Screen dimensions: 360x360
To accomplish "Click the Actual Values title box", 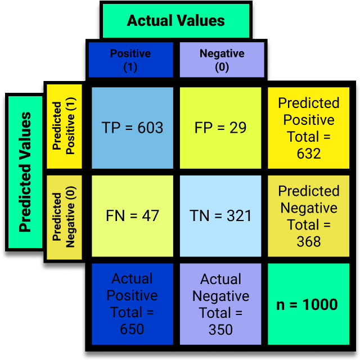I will tap(175, 21).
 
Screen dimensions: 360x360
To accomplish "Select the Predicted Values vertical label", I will tap(25, 172).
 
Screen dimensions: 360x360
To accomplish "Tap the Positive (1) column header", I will tap(130, 60).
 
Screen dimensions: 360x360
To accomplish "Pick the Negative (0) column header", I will tap(222, 60).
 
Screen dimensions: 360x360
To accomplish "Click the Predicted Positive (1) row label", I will tap(64, 127).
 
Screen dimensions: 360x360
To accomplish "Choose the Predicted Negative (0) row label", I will tap(64, 217).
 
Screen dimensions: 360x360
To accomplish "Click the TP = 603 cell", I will tap(133, 128).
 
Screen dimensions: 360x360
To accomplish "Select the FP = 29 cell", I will tap(220, 128).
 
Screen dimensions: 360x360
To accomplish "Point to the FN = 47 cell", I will tap(133, 215).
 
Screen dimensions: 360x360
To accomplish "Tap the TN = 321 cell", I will tap(220, 215).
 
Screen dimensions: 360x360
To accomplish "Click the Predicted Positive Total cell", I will tap(309, 128).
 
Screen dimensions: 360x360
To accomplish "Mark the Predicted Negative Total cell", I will tap(309, 216).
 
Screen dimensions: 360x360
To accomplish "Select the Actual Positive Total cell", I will tap(132, 304).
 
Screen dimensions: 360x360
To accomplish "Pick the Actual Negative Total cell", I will tap(220, 304).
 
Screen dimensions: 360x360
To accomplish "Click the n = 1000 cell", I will tap(308, 304).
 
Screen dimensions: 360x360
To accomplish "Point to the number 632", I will tap(309, 154).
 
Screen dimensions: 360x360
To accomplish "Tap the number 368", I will tap(309, 242).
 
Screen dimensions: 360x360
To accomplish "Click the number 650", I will tap(132, 329).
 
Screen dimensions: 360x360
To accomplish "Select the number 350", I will tap(220, 329).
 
